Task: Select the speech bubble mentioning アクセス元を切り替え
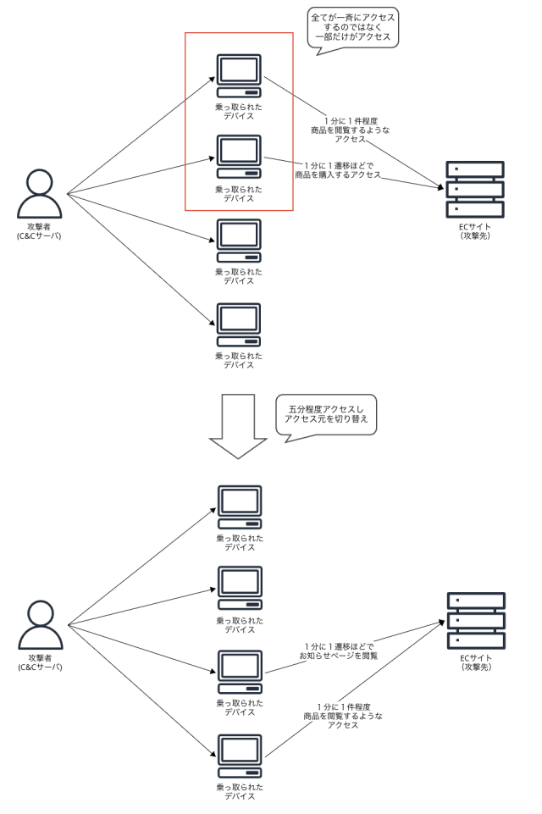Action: (326, 414)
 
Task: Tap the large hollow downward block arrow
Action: (238, 426)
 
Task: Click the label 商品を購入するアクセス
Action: (338, 175)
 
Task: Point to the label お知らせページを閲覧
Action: (339, 656)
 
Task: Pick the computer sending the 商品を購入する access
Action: (239, 157)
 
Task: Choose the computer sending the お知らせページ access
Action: (240, 672)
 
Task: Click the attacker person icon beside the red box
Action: (40, 194)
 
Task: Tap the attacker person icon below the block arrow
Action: (41, 625)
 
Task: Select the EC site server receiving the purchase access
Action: (475, 189)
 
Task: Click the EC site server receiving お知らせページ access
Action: (476, 620)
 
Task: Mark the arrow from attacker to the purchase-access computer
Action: (141, 175)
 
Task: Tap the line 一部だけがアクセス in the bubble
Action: (353, 36)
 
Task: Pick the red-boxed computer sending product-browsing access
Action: (239, 75)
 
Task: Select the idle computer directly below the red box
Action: (239, 241)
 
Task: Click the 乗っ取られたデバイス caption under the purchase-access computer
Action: (239, 194)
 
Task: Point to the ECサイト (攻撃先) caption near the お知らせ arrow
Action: (476, 662)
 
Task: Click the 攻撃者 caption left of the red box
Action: (40, 231)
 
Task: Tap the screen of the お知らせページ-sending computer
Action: (240, 666)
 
